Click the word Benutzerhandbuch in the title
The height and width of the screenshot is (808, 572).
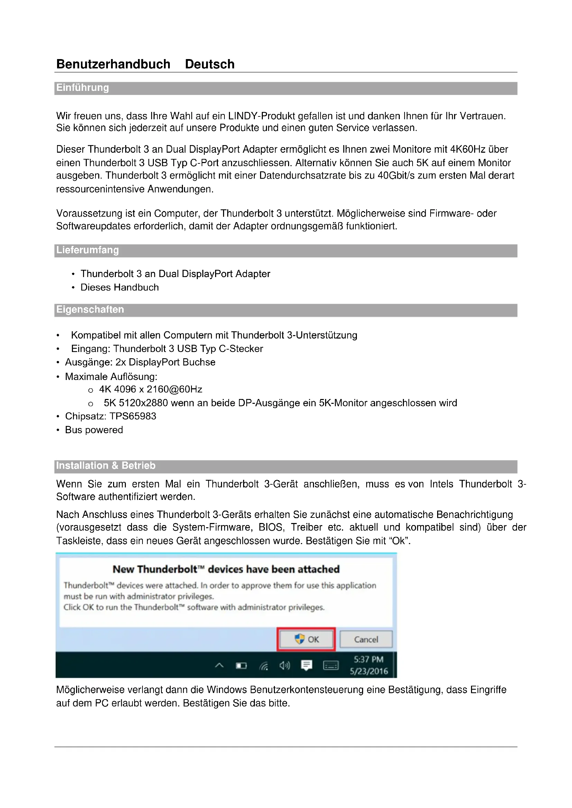113,64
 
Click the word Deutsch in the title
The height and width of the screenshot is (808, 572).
210,64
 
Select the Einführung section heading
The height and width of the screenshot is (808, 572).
82,88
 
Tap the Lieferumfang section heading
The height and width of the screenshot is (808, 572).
87,250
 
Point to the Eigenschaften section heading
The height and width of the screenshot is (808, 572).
90,310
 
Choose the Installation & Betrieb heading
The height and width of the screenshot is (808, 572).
106,466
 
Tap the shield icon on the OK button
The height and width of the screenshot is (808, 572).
299,639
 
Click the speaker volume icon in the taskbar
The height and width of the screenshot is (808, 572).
285,665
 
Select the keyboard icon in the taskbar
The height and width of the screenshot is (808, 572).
330,665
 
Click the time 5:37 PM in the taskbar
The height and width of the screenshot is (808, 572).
368,659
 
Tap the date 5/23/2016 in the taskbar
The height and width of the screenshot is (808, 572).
368,671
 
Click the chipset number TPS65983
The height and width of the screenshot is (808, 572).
133,416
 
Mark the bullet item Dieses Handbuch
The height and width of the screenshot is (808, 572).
119,287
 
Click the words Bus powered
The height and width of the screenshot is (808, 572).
94,430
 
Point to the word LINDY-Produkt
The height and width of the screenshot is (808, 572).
261,116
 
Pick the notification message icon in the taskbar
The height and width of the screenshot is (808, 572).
306,665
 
